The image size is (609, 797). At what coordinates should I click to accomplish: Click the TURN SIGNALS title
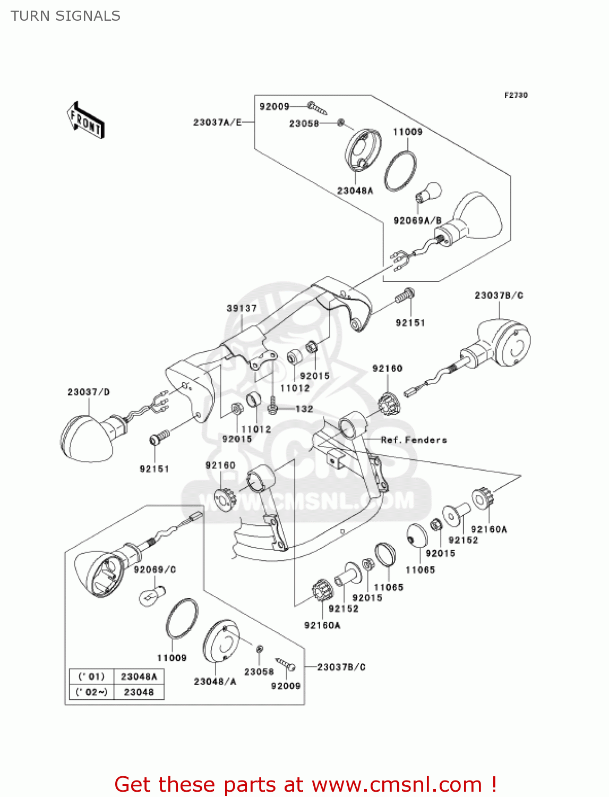[65, 16]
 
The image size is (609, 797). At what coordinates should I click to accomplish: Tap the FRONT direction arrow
[85, 120]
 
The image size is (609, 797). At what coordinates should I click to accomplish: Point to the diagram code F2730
[516, 95]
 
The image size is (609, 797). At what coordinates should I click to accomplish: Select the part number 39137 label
[242, 308]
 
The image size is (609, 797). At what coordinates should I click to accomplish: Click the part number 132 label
[304, 409]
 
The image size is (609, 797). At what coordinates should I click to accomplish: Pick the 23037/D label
[89, 392]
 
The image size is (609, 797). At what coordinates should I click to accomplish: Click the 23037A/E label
[217, 122]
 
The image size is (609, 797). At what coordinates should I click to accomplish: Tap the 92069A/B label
[417, 221]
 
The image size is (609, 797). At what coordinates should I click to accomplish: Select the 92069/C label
[155, 570]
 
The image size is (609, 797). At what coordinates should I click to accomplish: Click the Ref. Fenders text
[414, 440]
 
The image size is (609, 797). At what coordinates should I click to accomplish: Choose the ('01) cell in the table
[92, 676]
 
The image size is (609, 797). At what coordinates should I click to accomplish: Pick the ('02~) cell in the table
[92, 692]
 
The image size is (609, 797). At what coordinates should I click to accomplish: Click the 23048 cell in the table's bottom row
[139, 692]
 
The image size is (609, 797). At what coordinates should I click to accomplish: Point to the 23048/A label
[215, 681]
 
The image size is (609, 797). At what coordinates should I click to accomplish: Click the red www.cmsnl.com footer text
[305, 784]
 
